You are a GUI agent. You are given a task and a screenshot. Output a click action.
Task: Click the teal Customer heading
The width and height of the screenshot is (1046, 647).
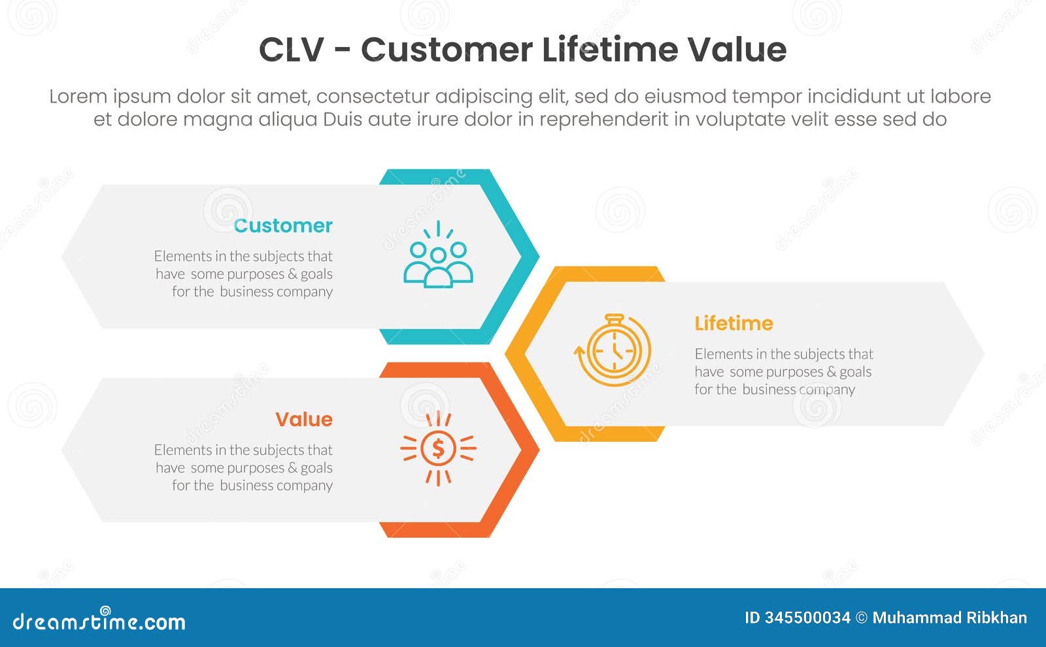[x=283, y=225]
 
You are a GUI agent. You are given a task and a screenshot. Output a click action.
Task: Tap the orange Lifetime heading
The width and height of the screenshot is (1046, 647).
[x=734, y=323]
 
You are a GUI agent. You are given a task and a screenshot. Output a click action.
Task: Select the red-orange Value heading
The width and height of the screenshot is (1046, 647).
[x=303, y=420]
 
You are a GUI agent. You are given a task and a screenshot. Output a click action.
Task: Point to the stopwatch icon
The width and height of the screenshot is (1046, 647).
[x=613, y=350]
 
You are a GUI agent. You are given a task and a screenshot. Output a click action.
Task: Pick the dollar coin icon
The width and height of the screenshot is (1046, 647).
[x=438, y=448]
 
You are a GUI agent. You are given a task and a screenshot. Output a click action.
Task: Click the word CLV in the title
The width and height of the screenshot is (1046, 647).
[x=292, y=50]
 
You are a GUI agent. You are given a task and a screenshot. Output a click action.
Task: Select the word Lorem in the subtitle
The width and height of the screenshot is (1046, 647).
[x=78, y=97]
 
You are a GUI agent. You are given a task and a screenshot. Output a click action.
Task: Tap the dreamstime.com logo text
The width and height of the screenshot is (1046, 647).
[x=99, y=622]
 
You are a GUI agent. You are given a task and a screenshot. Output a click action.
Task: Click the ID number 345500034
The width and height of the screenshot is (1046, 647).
[x=807, y=618]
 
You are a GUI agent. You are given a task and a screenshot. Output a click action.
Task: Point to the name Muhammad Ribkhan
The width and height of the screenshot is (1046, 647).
[x=949, y=618]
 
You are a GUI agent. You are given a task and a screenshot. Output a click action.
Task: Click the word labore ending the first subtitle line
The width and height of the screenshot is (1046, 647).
[x=962, y=97]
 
